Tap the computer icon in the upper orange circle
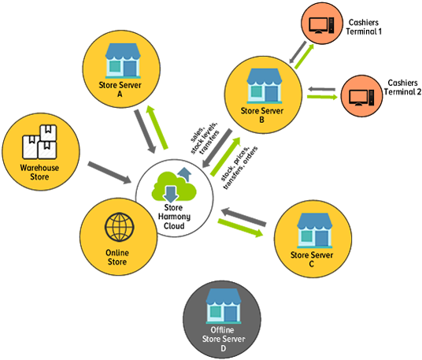click(x=324, y=24)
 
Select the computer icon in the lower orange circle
click(x=361, y=96)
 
